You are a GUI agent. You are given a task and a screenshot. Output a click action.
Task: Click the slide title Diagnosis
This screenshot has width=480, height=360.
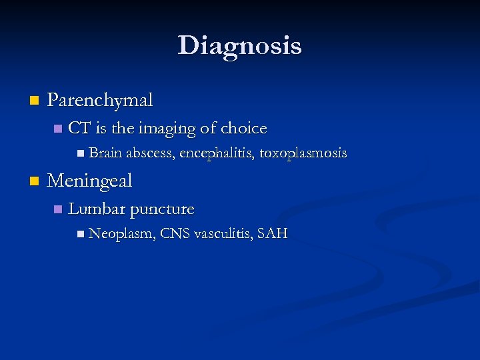point(239,45)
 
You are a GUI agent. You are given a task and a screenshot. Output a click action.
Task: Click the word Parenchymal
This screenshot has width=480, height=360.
point(100,100)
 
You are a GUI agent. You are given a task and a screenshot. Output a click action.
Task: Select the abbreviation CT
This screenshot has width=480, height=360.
point(79,128)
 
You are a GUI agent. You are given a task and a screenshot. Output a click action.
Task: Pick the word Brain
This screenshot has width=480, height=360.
point(105,153)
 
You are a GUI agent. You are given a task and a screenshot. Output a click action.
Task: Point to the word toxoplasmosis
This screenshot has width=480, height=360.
point(303,153)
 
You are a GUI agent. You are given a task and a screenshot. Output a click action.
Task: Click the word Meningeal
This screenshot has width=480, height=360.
point(90,180)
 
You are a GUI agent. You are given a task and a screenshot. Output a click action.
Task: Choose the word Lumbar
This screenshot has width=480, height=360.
point(97,209)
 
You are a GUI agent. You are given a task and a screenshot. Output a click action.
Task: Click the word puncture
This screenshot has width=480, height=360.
point(162,209)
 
